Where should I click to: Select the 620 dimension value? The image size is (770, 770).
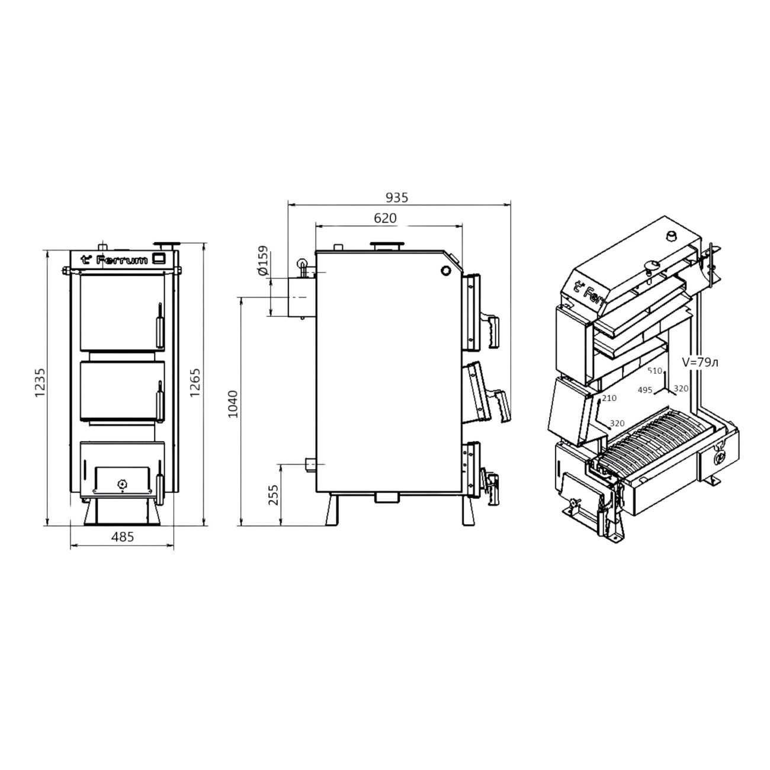point(385,218)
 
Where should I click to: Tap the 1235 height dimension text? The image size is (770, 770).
point(41,383)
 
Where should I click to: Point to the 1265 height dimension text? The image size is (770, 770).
point(195,383)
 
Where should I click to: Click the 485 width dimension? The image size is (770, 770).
point(122,537)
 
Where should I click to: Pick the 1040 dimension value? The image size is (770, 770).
point(233,404)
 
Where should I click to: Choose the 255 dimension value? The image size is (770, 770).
point(273,495)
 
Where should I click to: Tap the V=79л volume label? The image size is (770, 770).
point(700,362)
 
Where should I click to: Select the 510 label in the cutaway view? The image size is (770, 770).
point(655,371)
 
